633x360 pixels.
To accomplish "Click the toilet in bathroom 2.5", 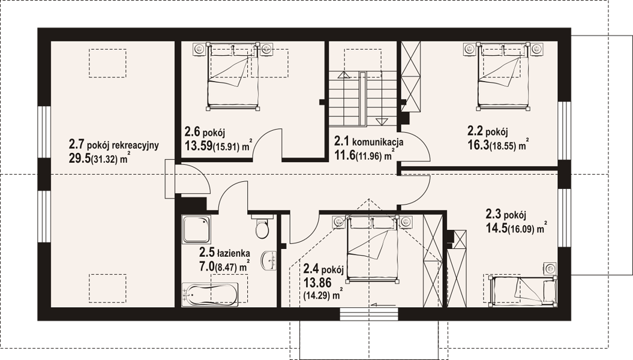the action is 262,227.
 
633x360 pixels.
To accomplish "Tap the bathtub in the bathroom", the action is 210,293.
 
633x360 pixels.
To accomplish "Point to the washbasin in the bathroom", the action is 269,260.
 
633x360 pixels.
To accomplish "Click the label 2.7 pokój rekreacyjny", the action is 114,145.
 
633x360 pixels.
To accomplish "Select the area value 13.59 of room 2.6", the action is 199,146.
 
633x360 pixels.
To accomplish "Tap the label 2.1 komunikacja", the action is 368,141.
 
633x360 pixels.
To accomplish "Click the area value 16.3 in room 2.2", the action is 478,145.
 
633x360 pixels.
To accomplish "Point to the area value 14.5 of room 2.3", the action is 496,228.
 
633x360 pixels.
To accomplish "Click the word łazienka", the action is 233,253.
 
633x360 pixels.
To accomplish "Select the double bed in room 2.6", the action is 233,76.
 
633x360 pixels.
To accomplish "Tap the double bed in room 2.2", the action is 503,76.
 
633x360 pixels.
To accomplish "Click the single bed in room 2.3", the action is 522,289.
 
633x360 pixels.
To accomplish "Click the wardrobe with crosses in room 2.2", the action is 410,76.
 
